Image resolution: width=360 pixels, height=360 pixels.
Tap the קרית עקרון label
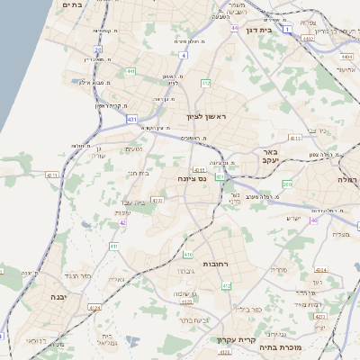tap(231, 339)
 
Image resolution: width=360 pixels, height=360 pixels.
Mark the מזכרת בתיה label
tap(278, 346)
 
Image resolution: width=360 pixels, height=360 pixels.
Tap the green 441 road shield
tap(131, 71)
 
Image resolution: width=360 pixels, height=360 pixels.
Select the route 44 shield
tap(234, 29)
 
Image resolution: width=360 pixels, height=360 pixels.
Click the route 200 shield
tap(287, 184)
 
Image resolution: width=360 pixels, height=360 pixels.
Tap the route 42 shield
tap(122, 222)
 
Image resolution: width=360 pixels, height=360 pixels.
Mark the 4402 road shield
tap(309, 39)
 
